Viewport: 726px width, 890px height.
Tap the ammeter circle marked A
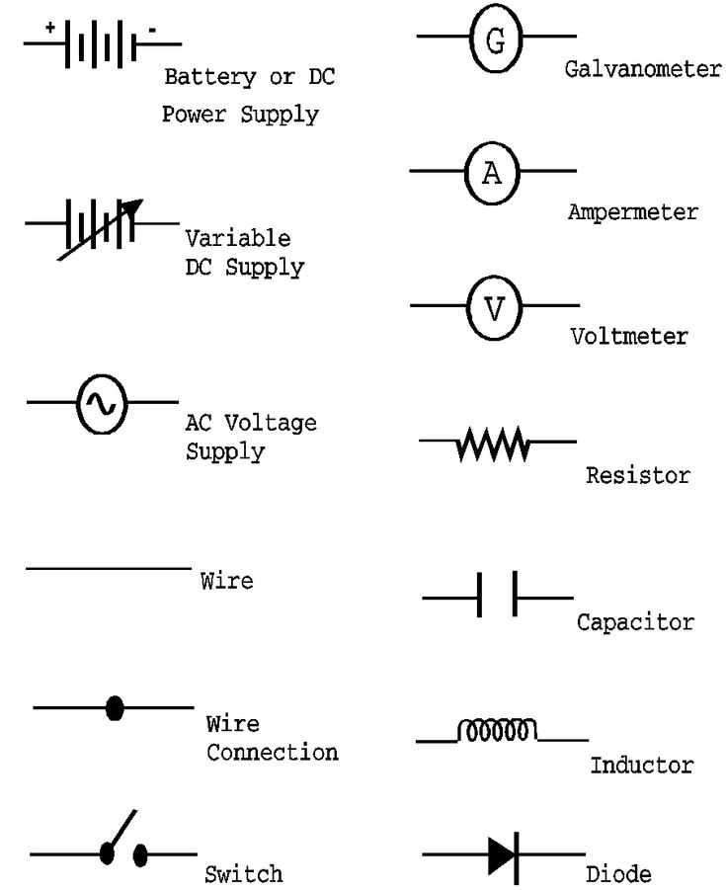click(x=492, y=173)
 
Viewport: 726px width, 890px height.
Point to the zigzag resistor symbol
click(x=493, y=447)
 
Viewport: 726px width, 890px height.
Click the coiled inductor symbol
click(x=496, y=731)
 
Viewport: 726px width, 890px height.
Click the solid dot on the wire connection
click(x=115, y=707)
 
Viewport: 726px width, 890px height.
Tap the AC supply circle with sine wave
click(x=101, y=403)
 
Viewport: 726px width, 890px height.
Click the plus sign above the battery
click(x=49, y=28)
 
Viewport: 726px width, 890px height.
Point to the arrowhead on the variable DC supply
click(x=134, y=208)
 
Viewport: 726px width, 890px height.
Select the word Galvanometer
click(x=642, y=69)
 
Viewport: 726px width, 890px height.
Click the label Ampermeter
click(x=632, y=212)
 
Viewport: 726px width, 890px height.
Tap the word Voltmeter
click(x=628, y=337)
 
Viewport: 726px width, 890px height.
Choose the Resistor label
click(x=637, y=476)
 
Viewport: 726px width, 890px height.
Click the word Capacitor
click(x=635, y=623)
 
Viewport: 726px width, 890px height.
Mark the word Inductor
click(x=641, y=766)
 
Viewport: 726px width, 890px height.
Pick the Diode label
click(x=618, y=874)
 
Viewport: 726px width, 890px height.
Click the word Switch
click(x=243, y=874)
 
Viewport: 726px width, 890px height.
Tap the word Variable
click(x=238, y=239)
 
